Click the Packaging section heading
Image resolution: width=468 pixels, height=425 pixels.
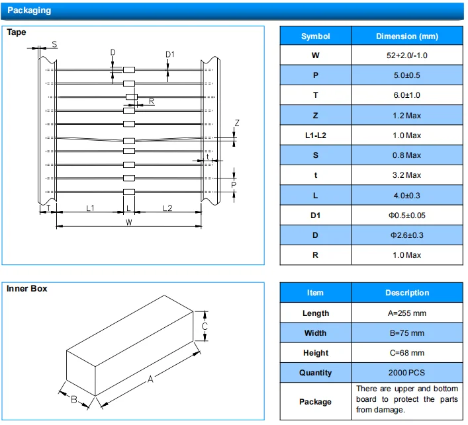coord(29,11)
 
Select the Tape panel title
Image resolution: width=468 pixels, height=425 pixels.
coord(17,32)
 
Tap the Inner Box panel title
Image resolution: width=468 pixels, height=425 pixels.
coord(26,288)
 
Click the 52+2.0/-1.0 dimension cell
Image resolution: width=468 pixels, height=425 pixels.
coord(407,56)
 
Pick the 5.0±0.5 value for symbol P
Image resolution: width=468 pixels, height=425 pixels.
coord(407,75)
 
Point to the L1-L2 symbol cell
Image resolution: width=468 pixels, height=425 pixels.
coord(315,135)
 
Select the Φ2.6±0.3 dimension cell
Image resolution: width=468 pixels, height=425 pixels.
coord(407,235)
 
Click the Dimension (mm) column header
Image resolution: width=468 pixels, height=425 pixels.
coord(407,36)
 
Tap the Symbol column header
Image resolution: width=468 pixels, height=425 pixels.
coord(315,36)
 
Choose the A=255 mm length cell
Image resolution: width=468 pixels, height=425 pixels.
coord(407,313)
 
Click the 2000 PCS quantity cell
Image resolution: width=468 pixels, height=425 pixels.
coord(407,373)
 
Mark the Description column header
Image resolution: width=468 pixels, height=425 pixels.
coord(407,293)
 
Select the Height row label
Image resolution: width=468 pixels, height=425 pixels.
coord(315,353)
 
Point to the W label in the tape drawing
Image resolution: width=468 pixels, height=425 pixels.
coord(129,221)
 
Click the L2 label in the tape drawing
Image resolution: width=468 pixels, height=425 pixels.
coord(167,208)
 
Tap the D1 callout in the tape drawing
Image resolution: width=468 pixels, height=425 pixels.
coord(170,54)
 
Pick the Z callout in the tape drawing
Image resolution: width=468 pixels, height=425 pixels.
coord(237,123)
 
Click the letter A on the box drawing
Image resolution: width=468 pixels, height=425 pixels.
coord(150,379)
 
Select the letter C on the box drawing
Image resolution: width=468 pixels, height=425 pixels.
coord(205,327)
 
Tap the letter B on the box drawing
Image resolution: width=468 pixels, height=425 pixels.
coord(74,399)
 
